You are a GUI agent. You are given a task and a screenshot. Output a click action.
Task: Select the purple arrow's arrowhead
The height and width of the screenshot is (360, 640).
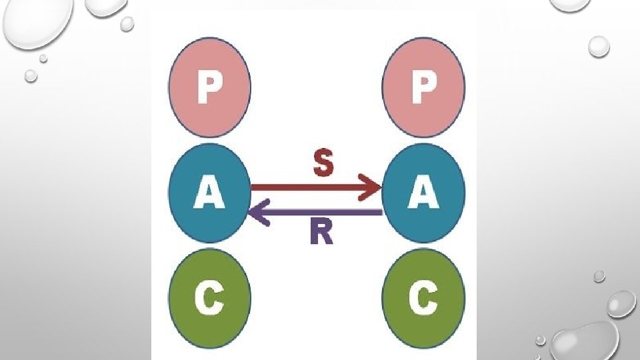[x=259, y=212]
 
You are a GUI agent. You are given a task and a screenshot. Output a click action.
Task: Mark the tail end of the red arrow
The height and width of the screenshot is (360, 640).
[x=253, y=188]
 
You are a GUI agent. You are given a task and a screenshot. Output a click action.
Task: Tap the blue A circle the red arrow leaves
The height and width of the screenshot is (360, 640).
[x=209, y=193]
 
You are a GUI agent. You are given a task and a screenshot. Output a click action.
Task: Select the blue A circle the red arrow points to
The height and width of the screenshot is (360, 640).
[x=423, y=193]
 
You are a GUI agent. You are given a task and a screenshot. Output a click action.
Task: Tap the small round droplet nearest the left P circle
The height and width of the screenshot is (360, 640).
[x=127, y=24]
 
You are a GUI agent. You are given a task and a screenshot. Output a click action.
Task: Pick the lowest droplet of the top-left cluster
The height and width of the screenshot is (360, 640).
[x=31, y=75]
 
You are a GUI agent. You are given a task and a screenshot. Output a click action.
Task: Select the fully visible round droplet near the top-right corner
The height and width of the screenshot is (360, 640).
[x=599, y=46]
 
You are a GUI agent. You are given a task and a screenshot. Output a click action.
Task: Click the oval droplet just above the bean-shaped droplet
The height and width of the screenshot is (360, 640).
[x=621, y=303]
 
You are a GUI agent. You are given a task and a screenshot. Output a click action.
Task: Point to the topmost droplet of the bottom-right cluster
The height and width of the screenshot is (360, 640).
[x=599, y=276]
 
